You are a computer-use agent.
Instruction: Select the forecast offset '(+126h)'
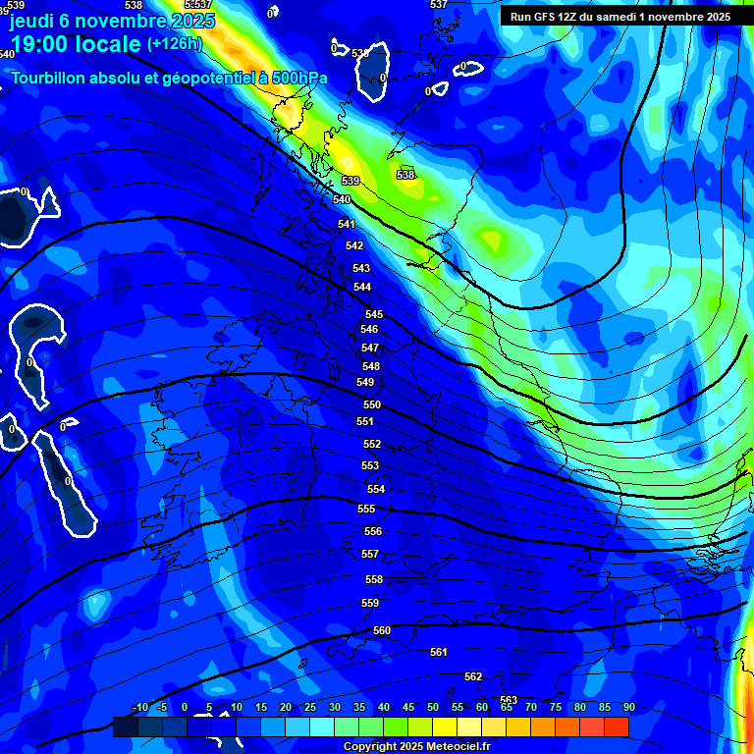[x=174, y=44]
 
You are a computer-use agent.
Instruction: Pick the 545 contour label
[x=374, y=314]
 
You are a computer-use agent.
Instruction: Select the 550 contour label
[x=372, y=404]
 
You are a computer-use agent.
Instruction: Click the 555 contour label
[x=366, y=509]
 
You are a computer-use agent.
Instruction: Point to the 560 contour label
[x=382, y=630]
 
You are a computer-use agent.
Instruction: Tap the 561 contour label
[x=439, y=652]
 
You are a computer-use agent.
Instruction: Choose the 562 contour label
[x=473, y=676]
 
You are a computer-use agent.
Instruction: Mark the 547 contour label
[x=370, y=349]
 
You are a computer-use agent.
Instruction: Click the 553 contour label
[x=370, y=466]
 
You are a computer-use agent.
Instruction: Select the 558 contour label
[x=374, y=579]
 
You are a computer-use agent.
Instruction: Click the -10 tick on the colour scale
[x=140, y=707]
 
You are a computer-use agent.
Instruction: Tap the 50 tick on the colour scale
[x=433, y=707]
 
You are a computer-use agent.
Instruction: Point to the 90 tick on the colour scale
[x=629, y=707]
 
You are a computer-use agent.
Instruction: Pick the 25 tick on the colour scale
[x=310, y=707]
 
